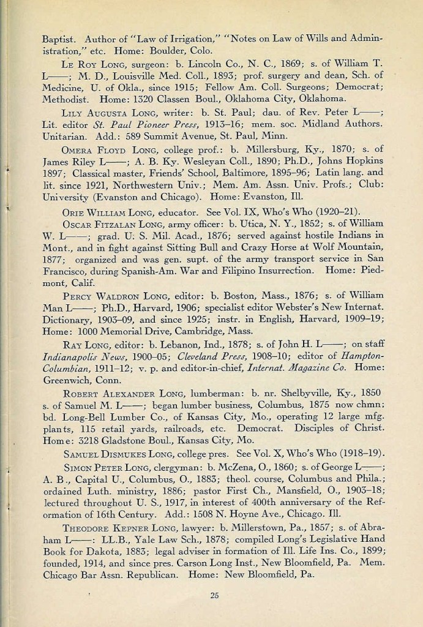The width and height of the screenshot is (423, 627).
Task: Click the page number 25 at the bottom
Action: click(214, 595)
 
